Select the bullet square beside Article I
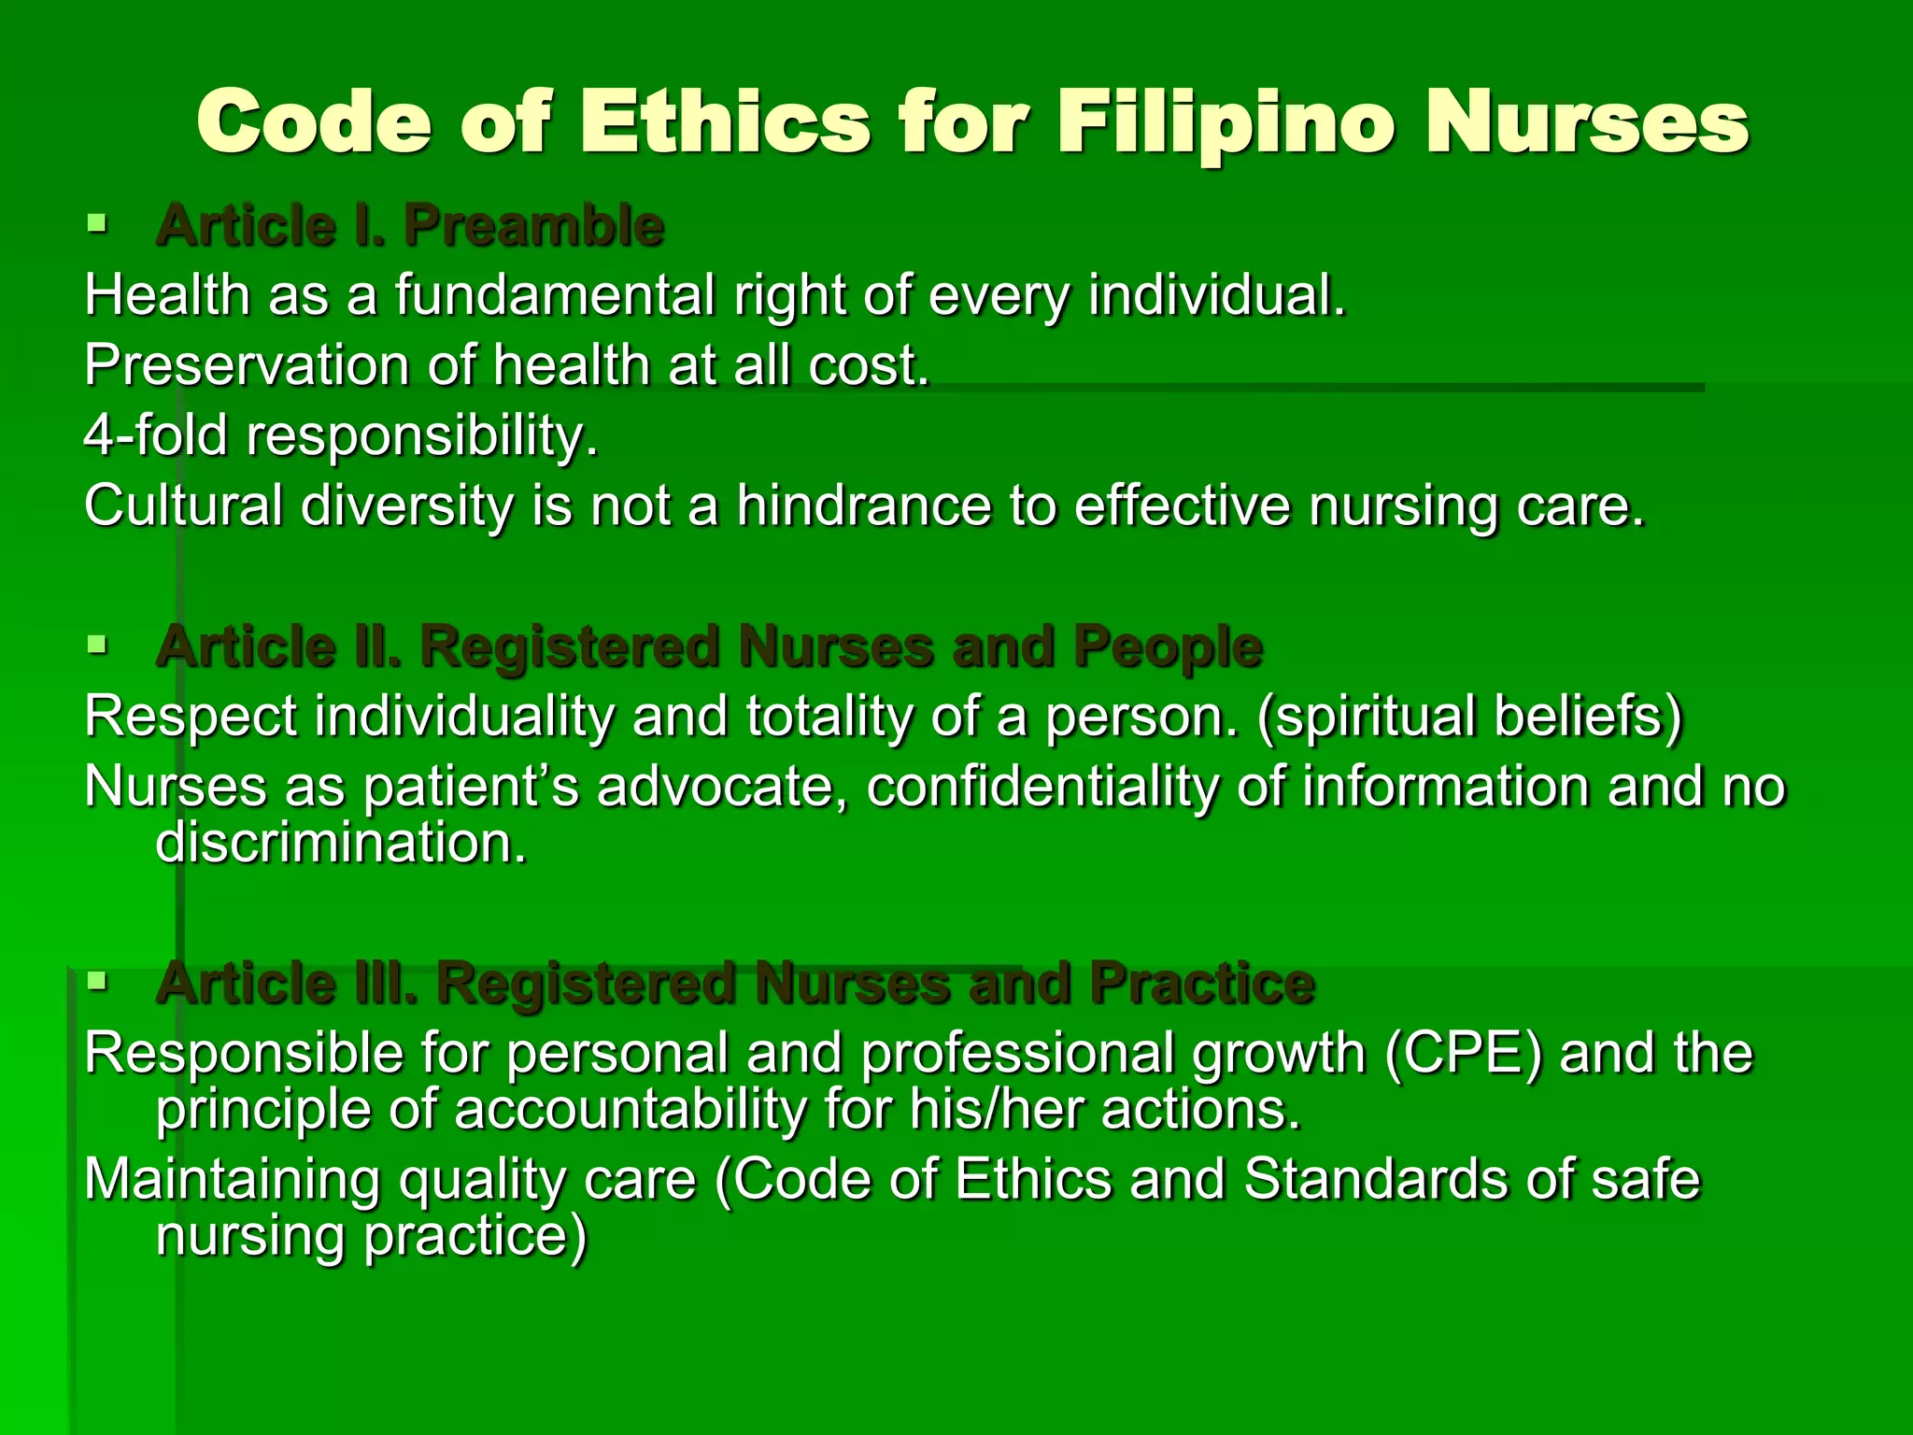coord(96,223)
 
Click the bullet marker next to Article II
coord(96,644)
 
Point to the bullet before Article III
coord(96,981)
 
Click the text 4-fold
coord(155,435)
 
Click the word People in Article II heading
coord(1168,646)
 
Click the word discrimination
coord(341,843)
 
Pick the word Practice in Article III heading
coord(1202,984)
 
